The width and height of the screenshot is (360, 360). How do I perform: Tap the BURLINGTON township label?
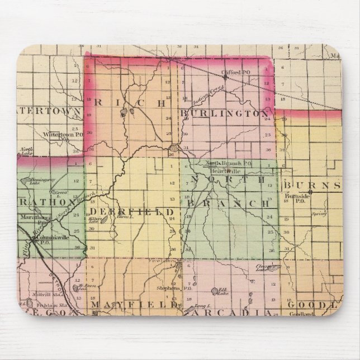coord(224,113)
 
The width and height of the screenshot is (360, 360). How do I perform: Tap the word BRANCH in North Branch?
coord(227,204)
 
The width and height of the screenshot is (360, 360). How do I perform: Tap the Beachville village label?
coord(219,169)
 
